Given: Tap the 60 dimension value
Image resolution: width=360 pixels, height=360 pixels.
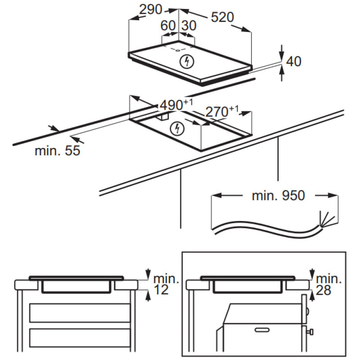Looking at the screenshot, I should [168, 26].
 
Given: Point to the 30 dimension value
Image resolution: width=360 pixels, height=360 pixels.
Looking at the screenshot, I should [189, 26].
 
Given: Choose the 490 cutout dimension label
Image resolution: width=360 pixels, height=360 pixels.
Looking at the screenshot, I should [173, 106].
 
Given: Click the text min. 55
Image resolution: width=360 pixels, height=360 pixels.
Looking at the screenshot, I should [57, 151].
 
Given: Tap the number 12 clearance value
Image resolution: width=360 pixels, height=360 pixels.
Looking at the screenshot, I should [161, 290].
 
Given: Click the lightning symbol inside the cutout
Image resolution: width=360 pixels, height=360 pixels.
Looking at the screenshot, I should [178, 130].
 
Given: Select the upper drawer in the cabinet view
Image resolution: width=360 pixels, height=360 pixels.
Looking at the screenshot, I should [80, 311].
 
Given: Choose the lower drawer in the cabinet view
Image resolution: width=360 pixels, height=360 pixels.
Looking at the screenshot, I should [80, 338].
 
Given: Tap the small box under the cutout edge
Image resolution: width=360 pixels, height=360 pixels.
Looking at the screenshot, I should [163, 116].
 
